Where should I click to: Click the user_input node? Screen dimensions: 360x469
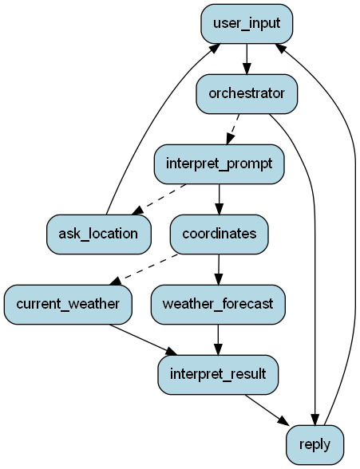[x=247, y=24]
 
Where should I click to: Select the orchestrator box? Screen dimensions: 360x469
[x=247, y=94]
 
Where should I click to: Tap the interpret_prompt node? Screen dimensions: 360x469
[x=219, y=164]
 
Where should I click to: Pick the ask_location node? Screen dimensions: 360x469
[x=98, y=235]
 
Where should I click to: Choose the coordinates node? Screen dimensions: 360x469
[x=219, y=235]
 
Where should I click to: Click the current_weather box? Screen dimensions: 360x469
[x=68, y=305]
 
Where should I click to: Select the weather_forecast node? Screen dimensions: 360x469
[x=218, y=305]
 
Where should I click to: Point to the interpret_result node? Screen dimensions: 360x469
[x=218, y=375]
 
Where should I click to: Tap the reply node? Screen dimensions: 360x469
[x=315, y=445]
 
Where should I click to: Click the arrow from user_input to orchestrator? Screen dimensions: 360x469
[x=247, y=59]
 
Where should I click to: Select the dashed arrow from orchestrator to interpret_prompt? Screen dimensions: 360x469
[x=233, y=129]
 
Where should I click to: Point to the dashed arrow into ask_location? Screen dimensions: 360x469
[x=159, y=199]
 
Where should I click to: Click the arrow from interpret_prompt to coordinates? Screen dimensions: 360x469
[x=219, y=199]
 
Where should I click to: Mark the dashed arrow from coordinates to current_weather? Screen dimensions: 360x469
[x=144, y=270]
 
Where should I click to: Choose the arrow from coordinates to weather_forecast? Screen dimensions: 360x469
[x=219, y=270]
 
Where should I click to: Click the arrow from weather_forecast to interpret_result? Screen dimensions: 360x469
[x=218, y=340]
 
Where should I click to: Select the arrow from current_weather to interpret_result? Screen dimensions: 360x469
[x=143, y=340]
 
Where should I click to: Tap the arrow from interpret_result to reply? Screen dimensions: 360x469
[x=267, y=410]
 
